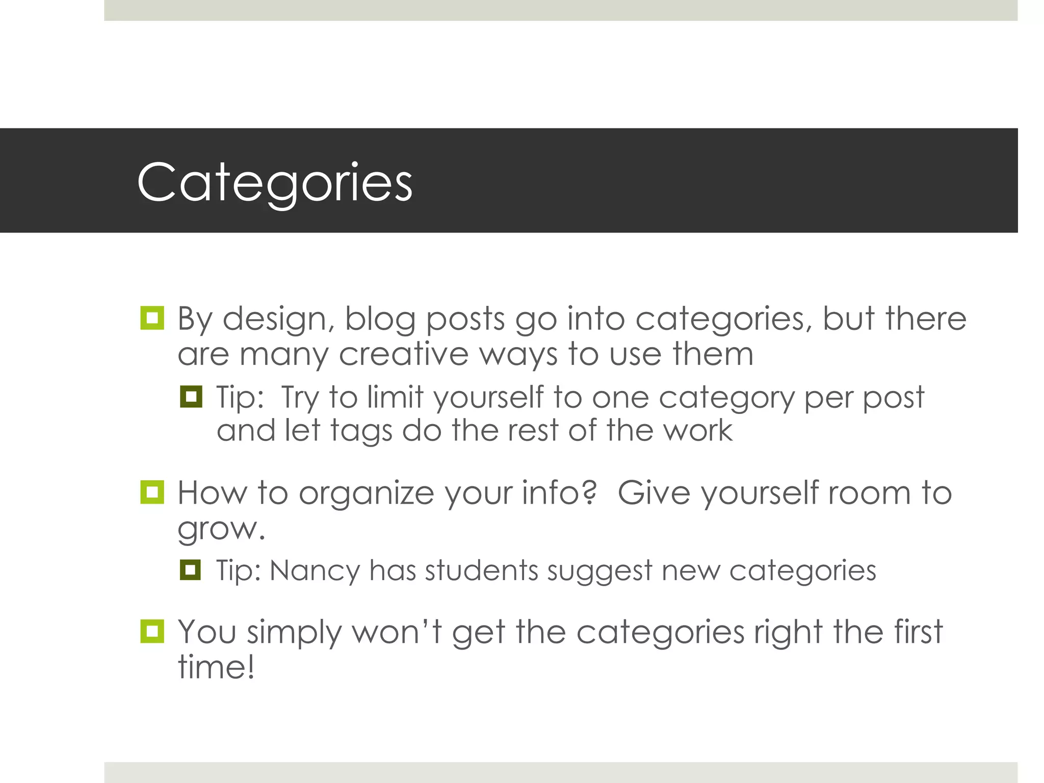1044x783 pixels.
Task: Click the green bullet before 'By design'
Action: pyautogui.click(x=152, y=319)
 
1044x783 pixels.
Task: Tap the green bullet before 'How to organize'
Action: pyautogui.click(x=152, y=492)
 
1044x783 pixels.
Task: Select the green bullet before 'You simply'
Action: pyautogui.click(x=152, y=632)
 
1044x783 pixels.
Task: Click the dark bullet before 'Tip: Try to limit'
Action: pyautogui.click(x=191, y=397)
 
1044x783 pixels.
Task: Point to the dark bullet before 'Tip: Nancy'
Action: pyautogui.click(x=191, y=570)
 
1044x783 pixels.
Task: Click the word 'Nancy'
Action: pyautogui.click(x=315, y=570)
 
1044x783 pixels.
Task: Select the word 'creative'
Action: pyautogui.click(x=403, y=354)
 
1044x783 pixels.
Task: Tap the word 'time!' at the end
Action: pyautogui.click(x=216, y=667)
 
